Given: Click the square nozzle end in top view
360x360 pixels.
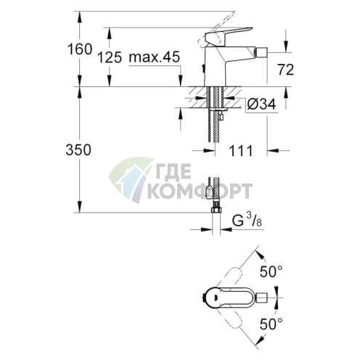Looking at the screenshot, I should pos(266,298).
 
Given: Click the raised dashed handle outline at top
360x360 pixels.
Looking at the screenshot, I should pos(232,16).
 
